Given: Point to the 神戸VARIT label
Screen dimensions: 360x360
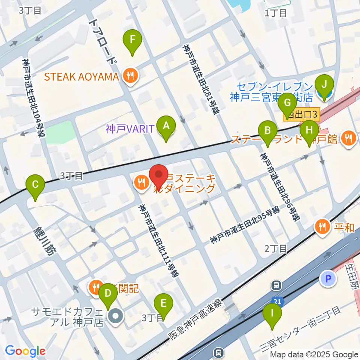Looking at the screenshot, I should click(x=130, y=129).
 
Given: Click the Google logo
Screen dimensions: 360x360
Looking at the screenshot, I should click(x=25, y=351).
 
